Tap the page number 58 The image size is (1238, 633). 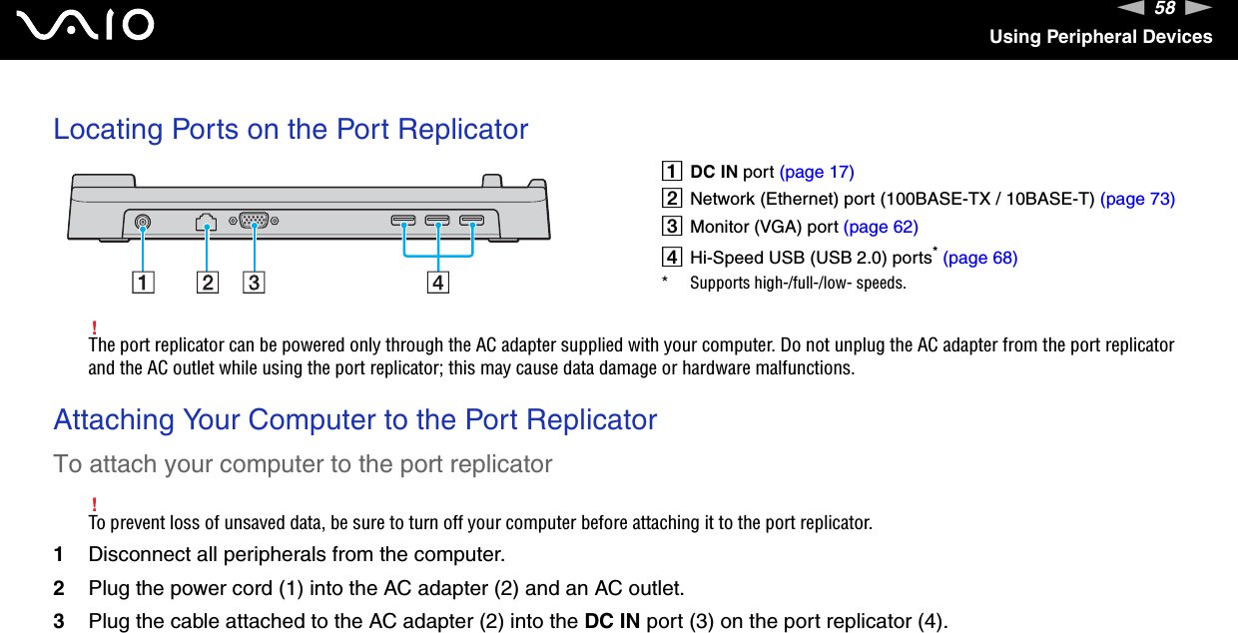(x=1164, y=9)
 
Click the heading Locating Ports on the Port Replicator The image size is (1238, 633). (x=291, y=129)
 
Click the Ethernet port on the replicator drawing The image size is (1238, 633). (x=207, y=222)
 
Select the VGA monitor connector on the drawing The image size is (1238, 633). (x=254, y=222)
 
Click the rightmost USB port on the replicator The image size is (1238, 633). (x=472, y=220)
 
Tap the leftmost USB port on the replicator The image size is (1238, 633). (x=403, y=220)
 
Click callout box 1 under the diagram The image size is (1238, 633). (x=147, y=283)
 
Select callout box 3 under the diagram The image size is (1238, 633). (x=253, y=283)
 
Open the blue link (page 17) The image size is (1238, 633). (x=817, y=172)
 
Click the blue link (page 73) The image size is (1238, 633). (x=1137, y=199)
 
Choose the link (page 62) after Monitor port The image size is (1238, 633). (x=881, y=227)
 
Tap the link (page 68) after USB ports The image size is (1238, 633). (x=980, y=258)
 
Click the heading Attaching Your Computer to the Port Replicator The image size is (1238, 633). (x=355, y=419)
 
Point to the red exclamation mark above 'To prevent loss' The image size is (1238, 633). (x=93, y=502)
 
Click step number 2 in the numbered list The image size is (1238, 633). (x=59, y=587)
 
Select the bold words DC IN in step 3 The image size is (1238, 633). (x=612, y=621)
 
